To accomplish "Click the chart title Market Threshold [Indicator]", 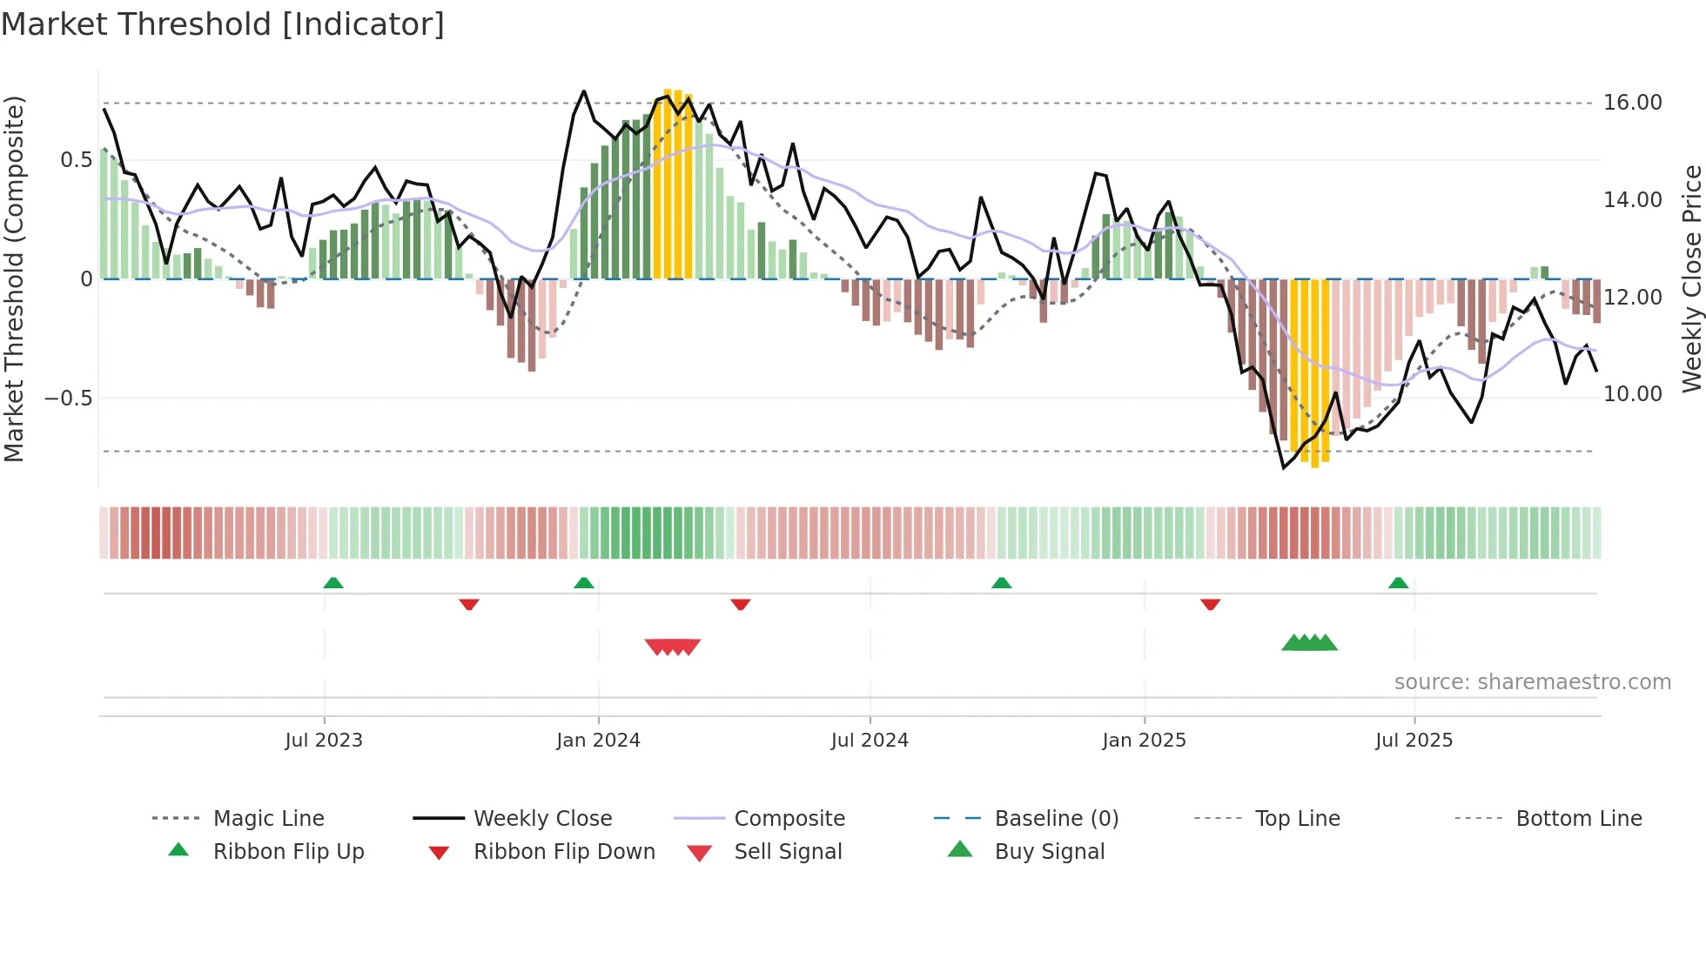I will pos(223,24).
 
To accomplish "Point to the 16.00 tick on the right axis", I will pos(1632,103).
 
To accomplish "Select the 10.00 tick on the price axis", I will pos(1632,394).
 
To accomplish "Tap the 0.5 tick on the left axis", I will pos(76,160).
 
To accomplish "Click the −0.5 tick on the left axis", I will pos(68,399).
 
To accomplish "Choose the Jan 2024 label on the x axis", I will pos(598,741).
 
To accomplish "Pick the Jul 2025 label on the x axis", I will pos(1414,741).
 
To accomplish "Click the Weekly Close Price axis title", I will pos(1691,278).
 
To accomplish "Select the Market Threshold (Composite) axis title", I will pos(14,278).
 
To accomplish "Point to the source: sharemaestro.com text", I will pos(1532,682).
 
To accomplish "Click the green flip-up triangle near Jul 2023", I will pos(333,583).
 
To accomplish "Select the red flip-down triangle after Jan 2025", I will pos(1210,604).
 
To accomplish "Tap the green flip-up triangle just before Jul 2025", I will pos(1398,583).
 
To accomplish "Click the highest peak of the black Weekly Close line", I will pos(584,91).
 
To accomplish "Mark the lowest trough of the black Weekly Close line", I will pos(1283,468).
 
